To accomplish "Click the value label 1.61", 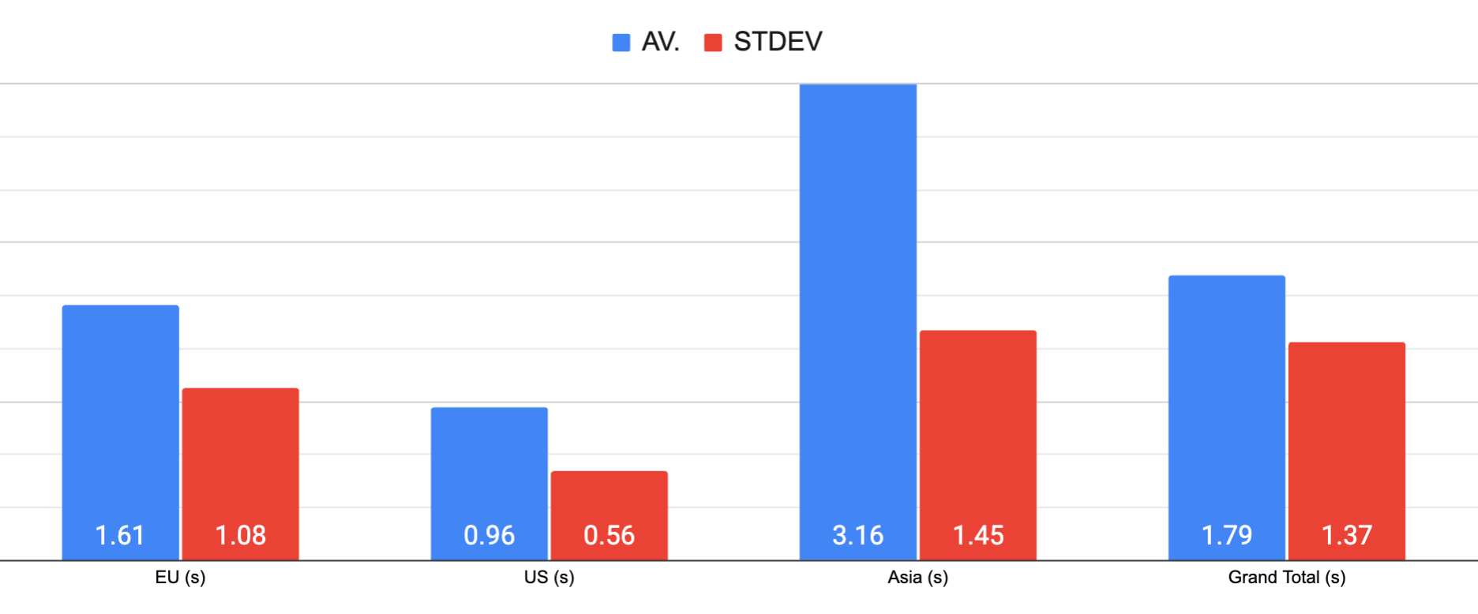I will coord(120,536).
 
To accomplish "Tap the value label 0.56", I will coord(609,536).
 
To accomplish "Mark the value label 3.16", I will coord(857,536).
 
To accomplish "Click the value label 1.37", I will coord(1346,536).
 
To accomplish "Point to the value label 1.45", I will coord(977,536).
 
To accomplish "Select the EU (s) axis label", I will coord(180,578).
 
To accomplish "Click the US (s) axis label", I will coord(549,578).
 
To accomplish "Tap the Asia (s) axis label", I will coord(917,578).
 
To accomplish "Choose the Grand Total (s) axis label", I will coord(1286,578).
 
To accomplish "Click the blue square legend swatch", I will coord(621,43).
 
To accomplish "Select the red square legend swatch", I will coord(713,43).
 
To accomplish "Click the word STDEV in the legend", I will coord(778,42).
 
